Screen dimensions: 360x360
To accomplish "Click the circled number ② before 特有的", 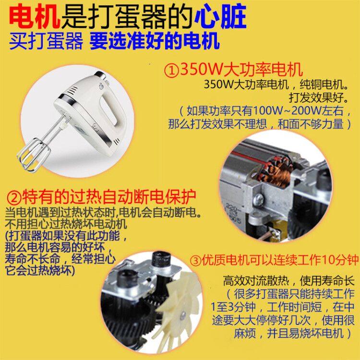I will coord(14,198).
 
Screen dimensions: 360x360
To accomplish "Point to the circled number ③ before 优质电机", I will coord(195,261).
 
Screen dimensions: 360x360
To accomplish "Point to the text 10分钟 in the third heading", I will coord(339,261).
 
